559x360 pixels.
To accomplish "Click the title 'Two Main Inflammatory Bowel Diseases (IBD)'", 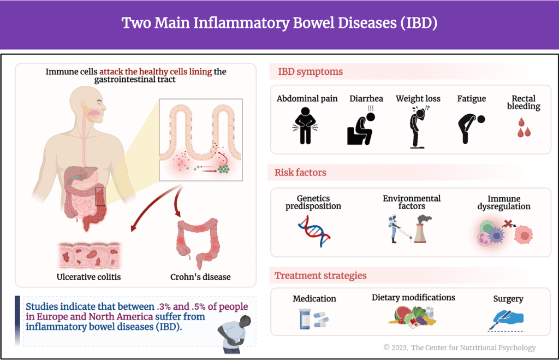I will (279, 23).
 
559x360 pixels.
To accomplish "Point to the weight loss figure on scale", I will (418, 127).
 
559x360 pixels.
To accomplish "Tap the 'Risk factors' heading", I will (300, 173).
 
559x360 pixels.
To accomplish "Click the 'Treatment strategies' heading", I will (320, 275).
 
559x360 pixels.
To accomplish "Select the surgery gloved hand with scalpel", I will (506, 318).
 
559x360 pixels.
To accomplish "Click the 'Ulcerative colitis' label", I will (89, 276).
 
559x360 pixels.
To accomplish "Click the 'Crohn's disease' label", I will (201, 276).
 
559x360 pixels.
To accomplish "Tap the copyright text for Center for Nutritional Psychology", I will (459, 347).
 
